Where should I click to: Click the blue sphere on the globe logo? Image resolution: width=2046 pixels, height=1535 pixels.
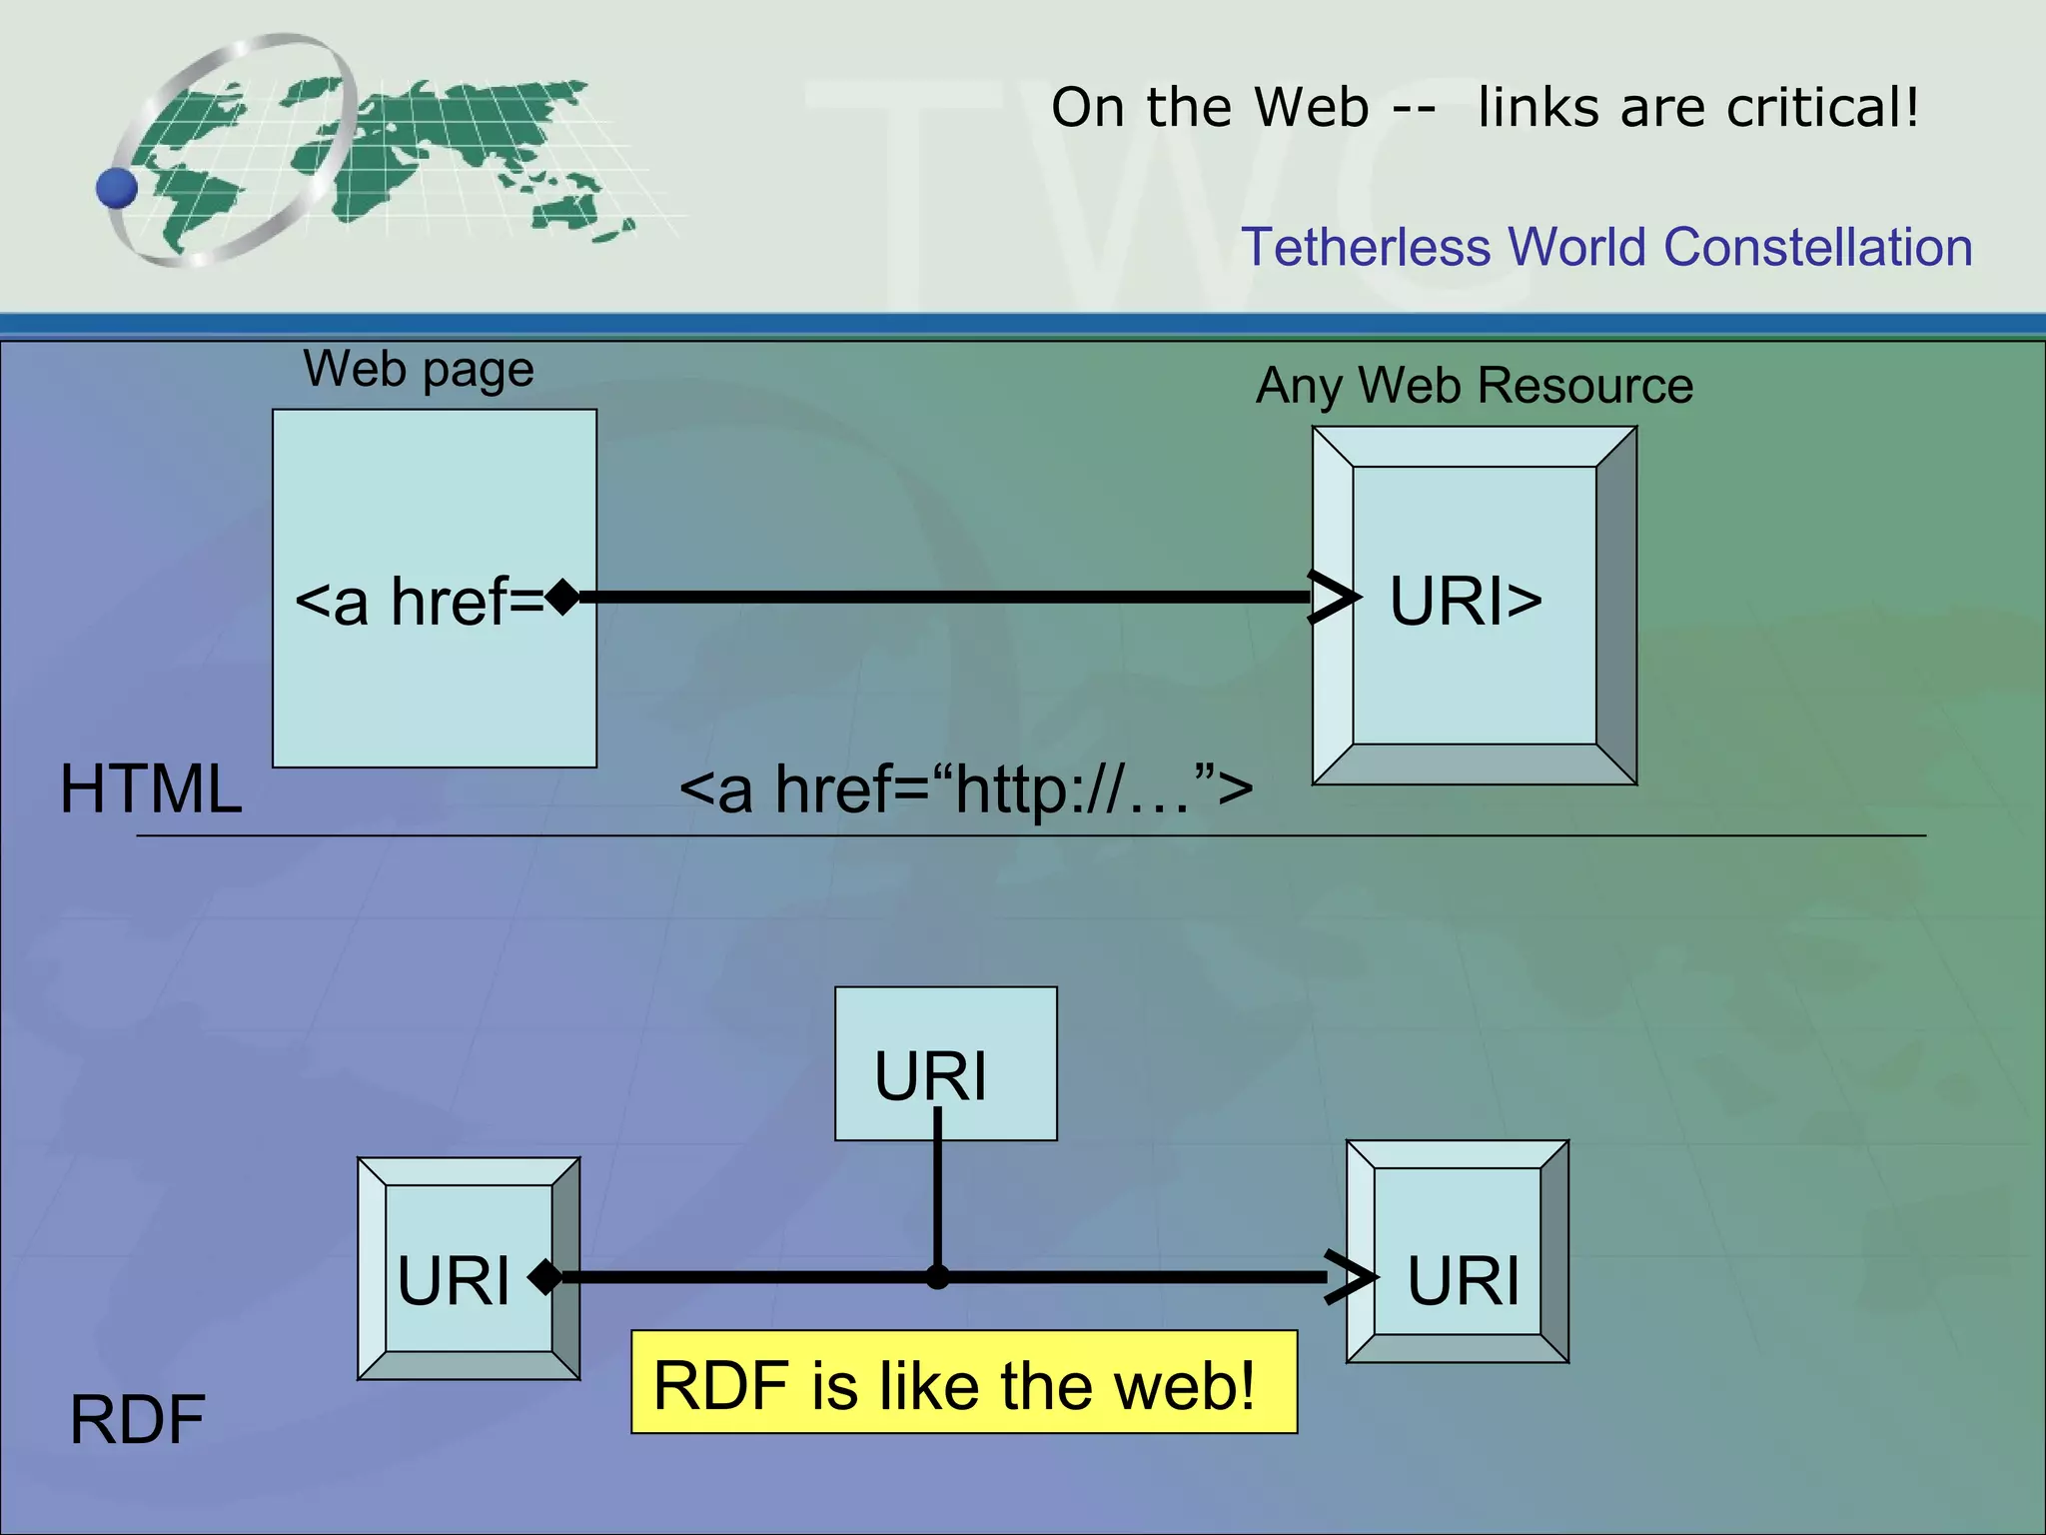[x=117, y=188]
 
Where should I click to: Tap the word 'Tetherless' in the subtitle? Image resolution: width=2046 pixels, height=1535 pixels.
[x=1365, y=247]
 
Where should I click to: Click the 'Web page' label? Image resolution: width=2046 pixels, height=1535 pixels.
[x=419, y=370]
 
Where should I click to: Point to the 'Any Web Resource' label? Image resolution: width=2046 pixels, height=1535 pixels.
[x=1475, y=386]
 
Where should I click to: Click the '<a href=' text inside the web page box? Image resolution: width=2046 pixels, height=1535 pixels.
[x=420, y=602]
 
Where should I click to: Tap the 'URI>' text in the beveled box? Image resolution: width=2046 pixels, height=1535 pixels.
[x=1466, y=602]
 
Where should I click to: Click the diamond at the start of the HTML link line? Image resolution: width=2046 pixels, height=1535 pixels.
[x=563, y=597]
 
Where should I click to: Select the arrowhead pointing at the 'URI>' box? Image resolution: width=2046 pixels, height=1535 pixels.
[x=1334, y=598]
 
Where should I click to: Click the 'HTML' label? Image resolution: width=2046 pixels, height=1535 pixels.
[x=151, y=789]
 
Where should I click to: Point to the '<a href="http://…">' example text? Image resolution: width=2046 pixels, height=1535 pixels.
[x=965, y=789]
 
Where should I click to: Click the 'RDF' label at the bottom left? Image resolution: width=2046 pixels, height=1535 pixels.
[x=137, y=1419]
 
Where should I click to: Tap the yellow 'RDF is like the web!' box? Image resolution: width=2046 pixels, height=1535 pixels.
[x=963, y=1382]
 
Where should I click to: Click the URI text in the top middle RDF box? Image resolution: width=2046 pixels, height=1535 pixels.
[x=930, y=1076]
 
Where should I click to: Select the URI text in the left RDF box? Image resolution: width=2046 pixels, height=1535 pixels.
[x=454, y=1280]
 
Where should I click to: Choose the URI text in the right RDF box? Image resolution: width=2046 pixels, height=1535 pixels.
[x=1463, y=1280]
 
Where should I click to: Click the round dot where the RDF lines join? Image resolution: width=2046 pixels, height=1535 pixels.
[x=937, y=1277]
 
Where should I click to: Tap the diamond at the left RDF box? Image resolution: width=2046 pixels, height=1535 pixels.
[x=545, y=1276]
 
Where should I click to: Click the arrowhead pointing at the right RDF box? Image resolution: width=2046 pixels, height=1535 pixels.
[x=1350, y=1277]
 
